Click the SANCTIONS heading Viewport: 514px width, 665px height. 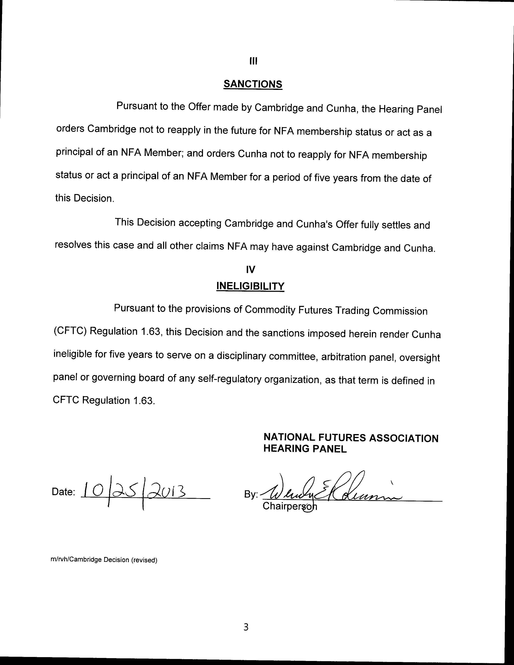pos(253,84)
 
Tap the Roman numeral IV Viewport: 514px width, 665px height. pos(250,269)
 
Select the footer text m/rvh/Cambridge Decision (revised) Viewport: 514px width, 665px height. pos(104,560)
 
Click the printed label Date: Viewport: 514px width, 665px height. pos(63,492)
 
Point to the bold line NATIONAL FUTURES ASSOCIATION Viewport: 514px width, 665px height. pos(351,438)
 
